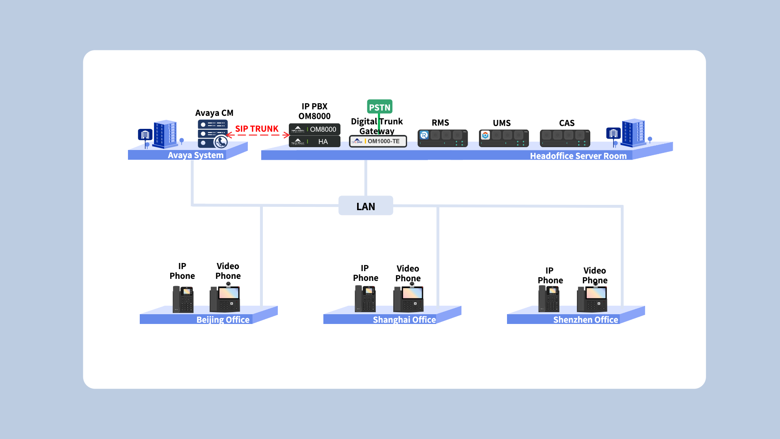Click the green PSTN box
coord(379,107)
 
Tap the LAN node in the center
coord(366,206)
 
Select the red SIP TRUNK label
coord(257,129)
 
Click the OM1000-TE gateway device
coord(378,141)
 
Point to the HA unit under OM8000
coord(314,141)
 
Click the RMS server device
coord(442,138)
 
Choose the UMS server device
coord(504,138)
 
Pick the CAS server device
coord(565,138)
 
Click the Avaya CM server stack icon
coord(212,133)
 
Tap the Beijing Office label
coord(223,319)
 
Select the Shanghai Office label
coord(404,319)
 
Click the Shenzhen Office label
coord(585,319)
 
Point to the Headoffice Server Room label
coord(578,156)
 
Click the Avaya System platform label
coord(195,155)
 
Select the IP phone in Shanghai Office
coord(365,299)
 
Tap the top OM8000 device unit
coord(314,129)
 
